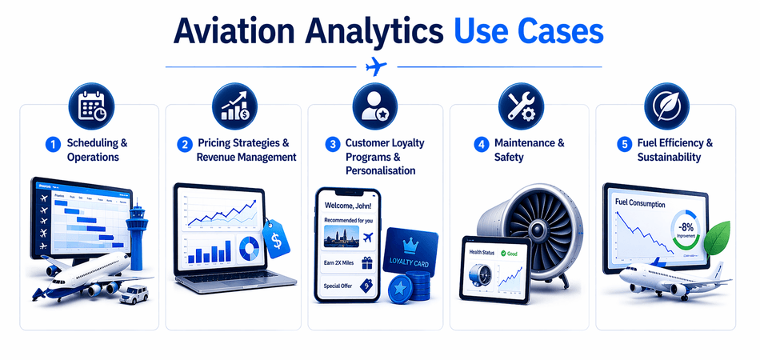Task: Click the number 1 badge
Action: click(53, 144)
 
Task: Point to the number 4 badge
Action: click(481, 144)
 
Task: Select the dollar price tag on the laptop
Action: click(276, 238)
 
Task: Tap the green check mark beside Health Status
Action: click(504, 254)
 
